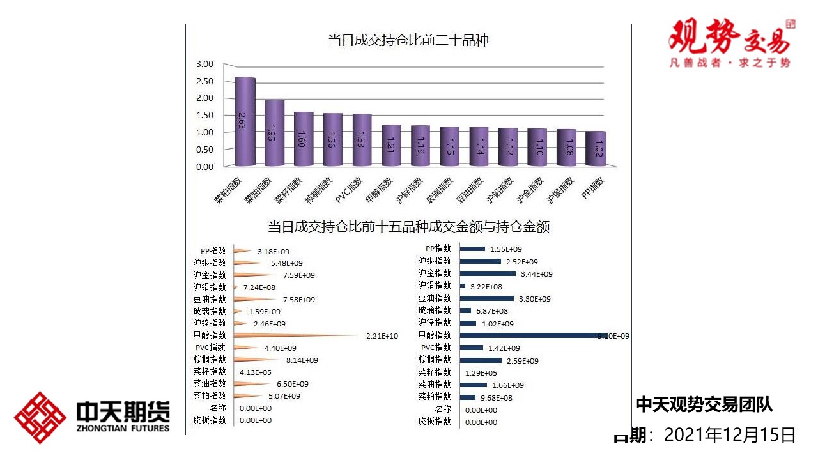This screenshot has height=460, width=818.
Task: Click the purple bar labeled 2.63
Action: tap(245, 121)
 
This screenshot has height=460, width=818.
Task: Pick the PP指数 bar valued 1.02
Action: tap(595, 148)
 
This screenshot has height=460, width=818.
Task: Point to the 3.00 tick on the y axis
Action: tap(204, 64)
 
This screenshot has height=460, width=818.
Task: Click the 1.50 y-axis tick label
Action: tap(204, 115)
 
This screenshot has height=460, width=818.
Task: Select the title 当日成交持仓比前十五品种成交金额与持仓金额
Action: tap(408, 227)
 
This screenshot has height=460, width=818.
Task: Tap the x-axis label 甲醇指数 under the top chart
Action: tap(378, 190)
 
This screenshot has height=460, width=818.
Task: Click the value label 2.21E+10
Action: tap(382, 336)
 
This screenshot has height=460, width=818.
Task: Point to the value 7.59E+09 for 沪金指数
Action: tap(298, 275)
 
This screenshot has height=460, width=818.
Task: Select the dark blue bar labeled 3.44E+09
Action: tap(487, 273)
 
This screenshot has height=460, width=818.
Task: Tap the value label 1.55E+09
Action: tap(505, 249)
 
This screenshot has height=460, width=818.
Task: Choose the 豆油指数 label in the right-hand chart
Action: tap(435, 298)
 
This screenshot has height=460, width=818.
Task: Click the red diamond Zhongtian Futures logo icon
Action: tap(40, 417)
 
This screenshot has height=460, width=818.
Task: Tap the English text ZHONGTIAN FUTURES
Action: tap(123, 428)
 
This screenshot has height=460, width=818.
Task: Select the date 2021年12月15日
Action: tap(730, 436)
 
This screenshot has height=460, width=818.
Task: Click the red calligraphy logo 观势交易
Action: tap(729, 37)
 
